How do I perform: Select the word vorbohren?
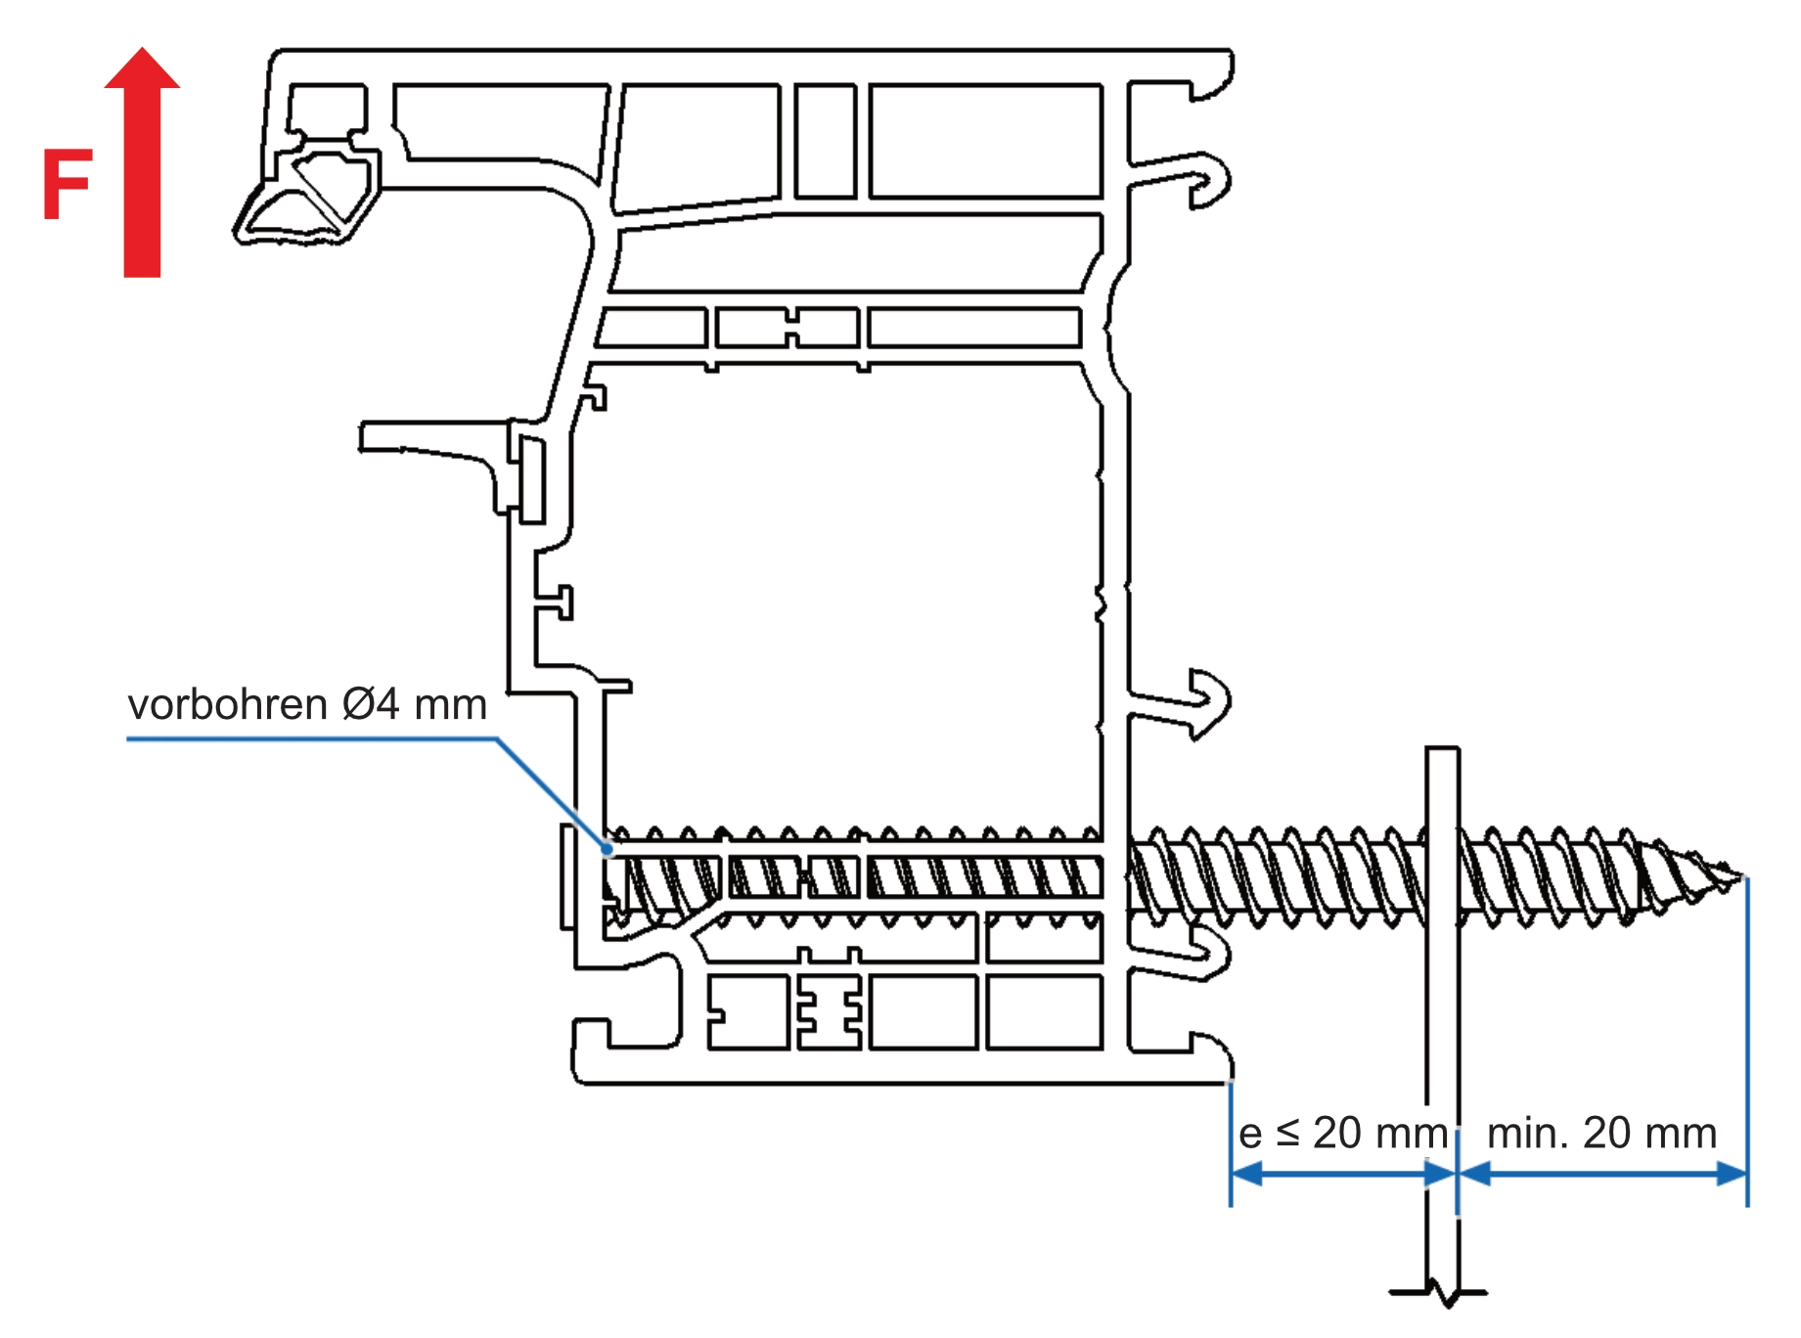227,705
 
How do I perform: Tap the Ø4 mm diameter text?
415,705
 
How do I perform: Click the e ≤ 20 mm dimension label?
1342,1134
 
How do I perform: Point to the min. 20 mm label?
1601,1134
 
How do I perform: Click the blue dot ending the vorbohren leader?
608,848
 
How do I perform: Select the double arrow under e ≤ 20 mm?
1343,1174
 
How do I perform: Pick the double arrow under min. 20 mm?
1602,1174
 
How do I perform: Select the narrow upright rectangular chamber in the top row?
825,141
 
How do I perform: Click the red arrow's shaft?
142,186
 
